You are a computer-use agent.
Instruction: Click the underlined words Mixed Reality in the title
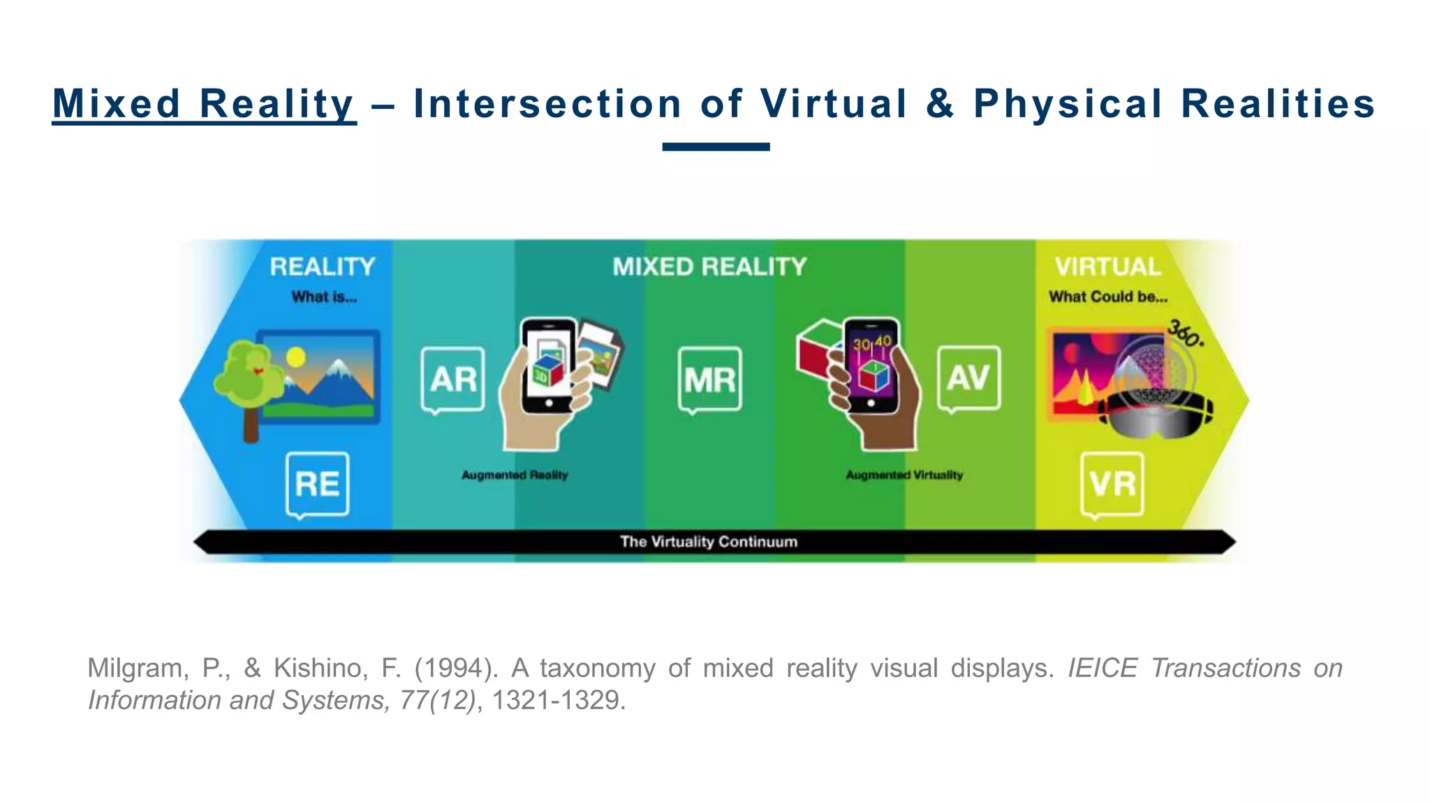point(204,104)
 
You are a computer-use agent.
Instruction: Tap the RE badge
point(318,484)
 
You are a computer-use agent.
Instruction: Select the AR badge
point(453,379)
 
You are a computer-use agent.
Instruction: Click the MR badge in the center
point(709,380)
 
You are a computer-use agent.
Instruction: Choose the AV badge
point(968,378)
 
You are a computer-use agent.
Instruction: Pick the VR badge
point(1112,484)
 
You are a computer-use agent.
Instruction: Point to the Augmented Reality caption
point(515,475)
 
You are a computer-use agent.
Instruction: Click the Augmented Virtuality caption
point(904,475)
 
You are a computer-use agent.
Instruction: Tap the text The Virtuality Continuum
point(709,542)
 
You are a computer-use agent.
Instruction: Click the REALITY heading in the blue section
point(323,267)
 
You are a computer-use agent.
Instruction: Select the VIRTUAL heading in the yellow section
point(1108,267)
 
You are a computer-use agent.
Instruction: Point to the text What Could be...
point(1107,297)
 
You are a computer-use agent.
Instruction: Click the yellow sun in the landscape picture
point(296,357)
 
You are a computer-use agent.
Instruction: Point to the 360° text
point(1186,333)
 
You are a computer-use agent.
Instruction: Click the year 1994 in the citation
point(456,669)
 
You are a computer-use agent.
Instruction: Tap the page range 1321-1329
point(557,700)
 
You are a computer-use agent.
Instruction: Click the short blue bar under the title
point(716,147)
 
